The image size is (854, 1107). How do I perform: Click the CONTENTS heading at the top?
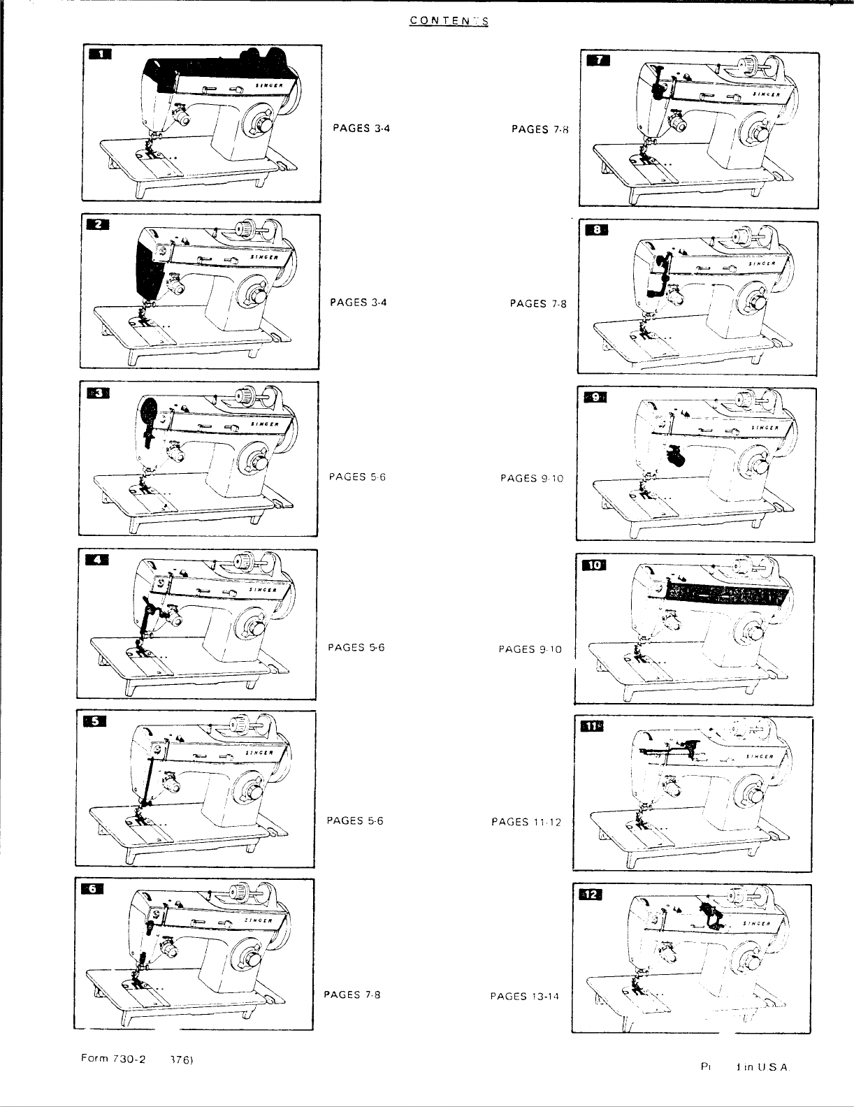point(449,20)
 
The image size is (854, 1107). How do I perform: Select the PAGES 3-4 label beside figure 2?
point(359,302)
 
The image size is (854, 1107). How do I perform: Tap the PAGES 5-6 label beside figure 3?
point(357,477)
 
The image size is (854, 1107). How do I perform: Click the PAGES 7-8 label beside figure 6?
point(352,994)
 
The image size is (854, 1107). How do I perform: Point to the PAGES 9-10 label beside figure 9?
point(531,478)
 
